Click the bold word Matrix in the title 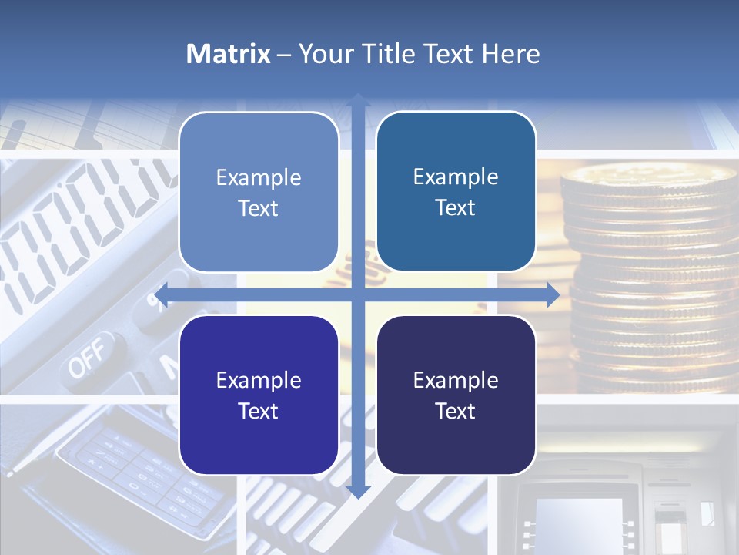(x=228, y=54)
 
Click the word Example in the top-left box (x=259, y=177)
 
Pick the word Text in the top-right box (x=456, y=208)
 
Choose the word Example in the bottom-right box (x=456, y=380)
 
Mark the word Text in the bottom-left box (x=259, y=411)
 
